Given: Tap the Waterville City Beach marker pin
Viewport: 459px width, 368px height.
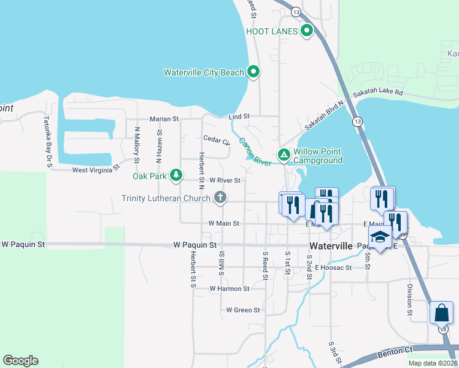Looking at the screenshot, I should click(x=253, y=72).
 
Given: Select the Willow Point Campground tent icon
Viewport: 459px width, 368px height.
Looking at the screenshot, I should click(x=283, y=155).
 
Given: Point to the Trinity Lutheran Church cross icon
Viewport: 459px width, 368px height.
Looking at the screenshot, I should click(x=220, y=197).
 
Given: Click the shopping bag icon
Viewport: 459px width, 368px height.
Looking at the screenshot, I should click(x=442, y=313).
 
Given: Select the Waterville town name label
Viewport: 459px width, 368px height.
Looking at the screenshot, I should click(x=331, y=245).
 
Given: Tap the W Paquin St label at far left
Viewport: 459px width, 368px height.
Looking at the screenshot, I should click(x=23, y=244).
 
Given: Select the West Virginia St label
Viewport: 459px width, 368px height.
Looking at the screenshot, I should click(x=96, y=170).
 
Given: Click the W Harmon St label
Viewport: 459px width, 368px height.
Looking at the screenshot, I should click(x=229, y=288).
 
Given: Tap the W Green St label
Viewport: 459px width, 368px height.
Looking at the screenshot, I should click(x=243, y=310).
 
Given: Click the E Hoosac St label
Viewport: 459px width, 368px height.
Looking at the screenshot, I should click(x=333, y=267).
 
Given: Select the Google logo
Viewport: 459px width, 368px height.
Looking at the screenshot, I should click(x=20, y=361).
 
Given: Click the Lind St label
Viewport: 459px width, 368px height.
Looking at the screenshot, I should click(x=239, y=116).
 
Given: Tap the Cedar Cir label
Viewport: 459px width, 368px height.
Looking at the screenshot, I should click(x=216, y=140).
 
